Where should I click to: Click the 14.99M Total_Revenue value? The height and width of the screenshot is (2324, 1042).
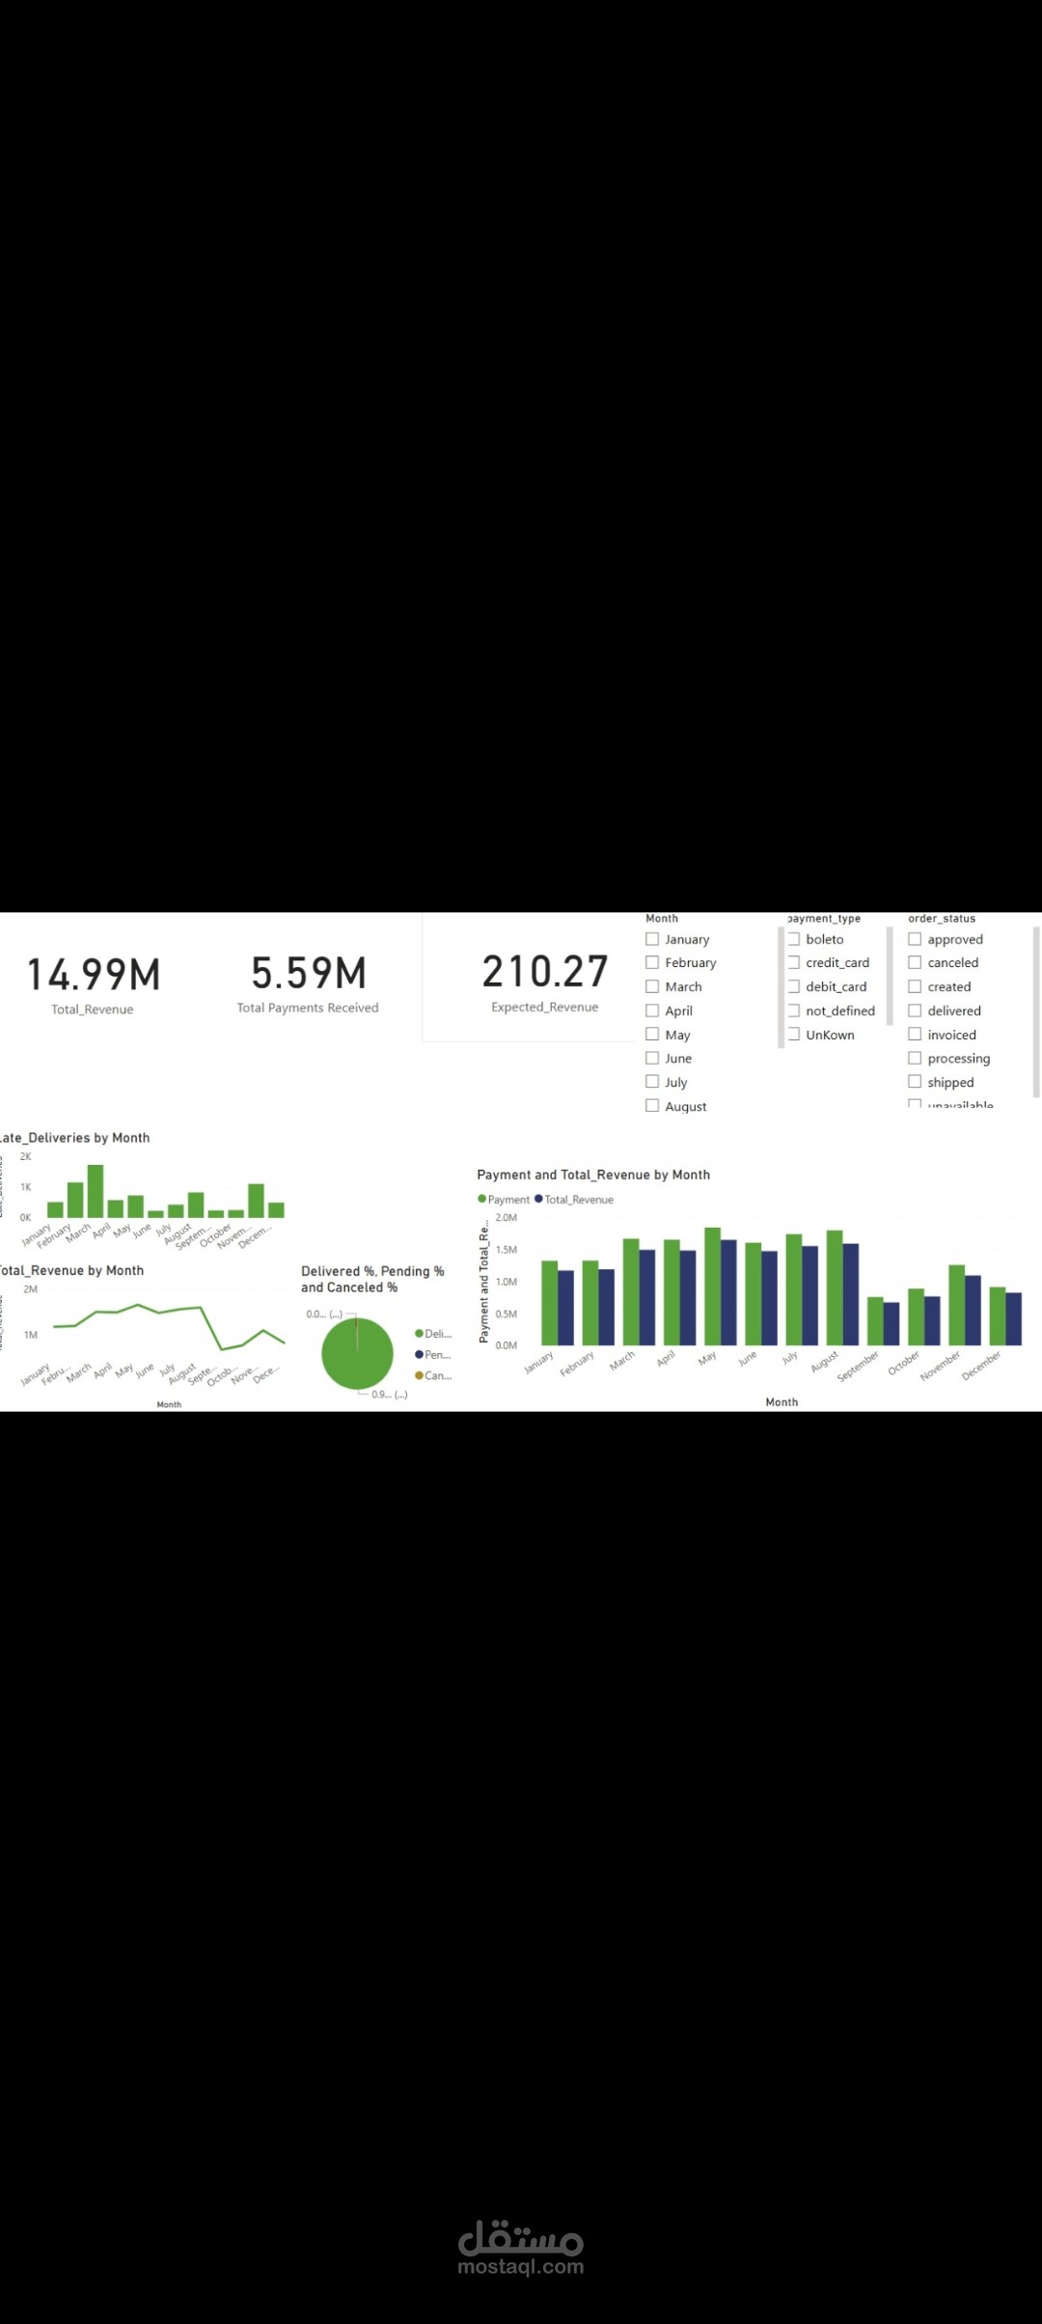pos(94,975)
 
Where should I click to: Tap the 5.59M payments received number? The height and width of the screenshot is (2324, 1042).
pos(309,973)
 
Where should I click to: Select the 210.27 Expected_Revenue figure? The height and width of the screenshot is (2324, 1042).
pos(545,972)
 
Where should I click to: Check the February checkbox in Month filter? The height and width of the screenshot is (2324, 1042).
pos(652,962)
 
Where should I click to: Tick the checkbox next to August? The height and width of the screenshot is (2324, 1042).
pos(652,1106)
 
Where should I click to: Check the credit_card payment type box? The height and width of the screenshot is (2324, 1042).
pos(794,962)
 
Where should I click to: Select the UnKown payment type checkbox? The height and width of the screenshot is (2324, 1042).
pos(794,1035)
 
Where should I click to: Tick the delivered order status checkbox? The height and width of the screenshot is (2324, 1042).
pos(915,1010)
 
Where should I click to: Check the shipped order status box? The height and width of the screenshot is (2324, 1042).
pos(915,1082)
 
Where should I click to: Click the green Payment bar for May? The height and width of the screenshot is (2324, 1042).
pos(712,1286)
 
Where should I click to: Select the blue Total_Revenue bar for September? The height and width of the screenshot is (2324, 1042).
pos(891,1323)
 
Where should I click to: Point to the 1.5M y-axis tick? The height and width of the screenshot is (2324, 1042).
pos(506,1250)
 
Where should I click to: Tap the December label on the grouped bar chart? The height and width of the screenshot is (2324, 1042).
pos(981,1366)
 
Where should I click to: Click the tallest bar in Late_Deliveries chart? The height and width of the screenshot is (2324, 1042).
pos(96,1191)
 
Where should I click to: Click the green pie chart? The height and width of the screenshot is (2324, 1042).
pos(357,1354)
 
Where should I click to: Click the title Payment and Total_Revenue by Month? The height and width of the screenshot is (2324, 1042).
pos(593,1175)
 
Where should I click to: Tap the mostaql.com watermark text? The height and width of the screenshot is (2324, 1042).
pos(520,2267)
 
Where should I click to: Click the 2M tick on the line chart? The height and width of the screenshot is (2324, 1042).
pos(30,1289)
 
